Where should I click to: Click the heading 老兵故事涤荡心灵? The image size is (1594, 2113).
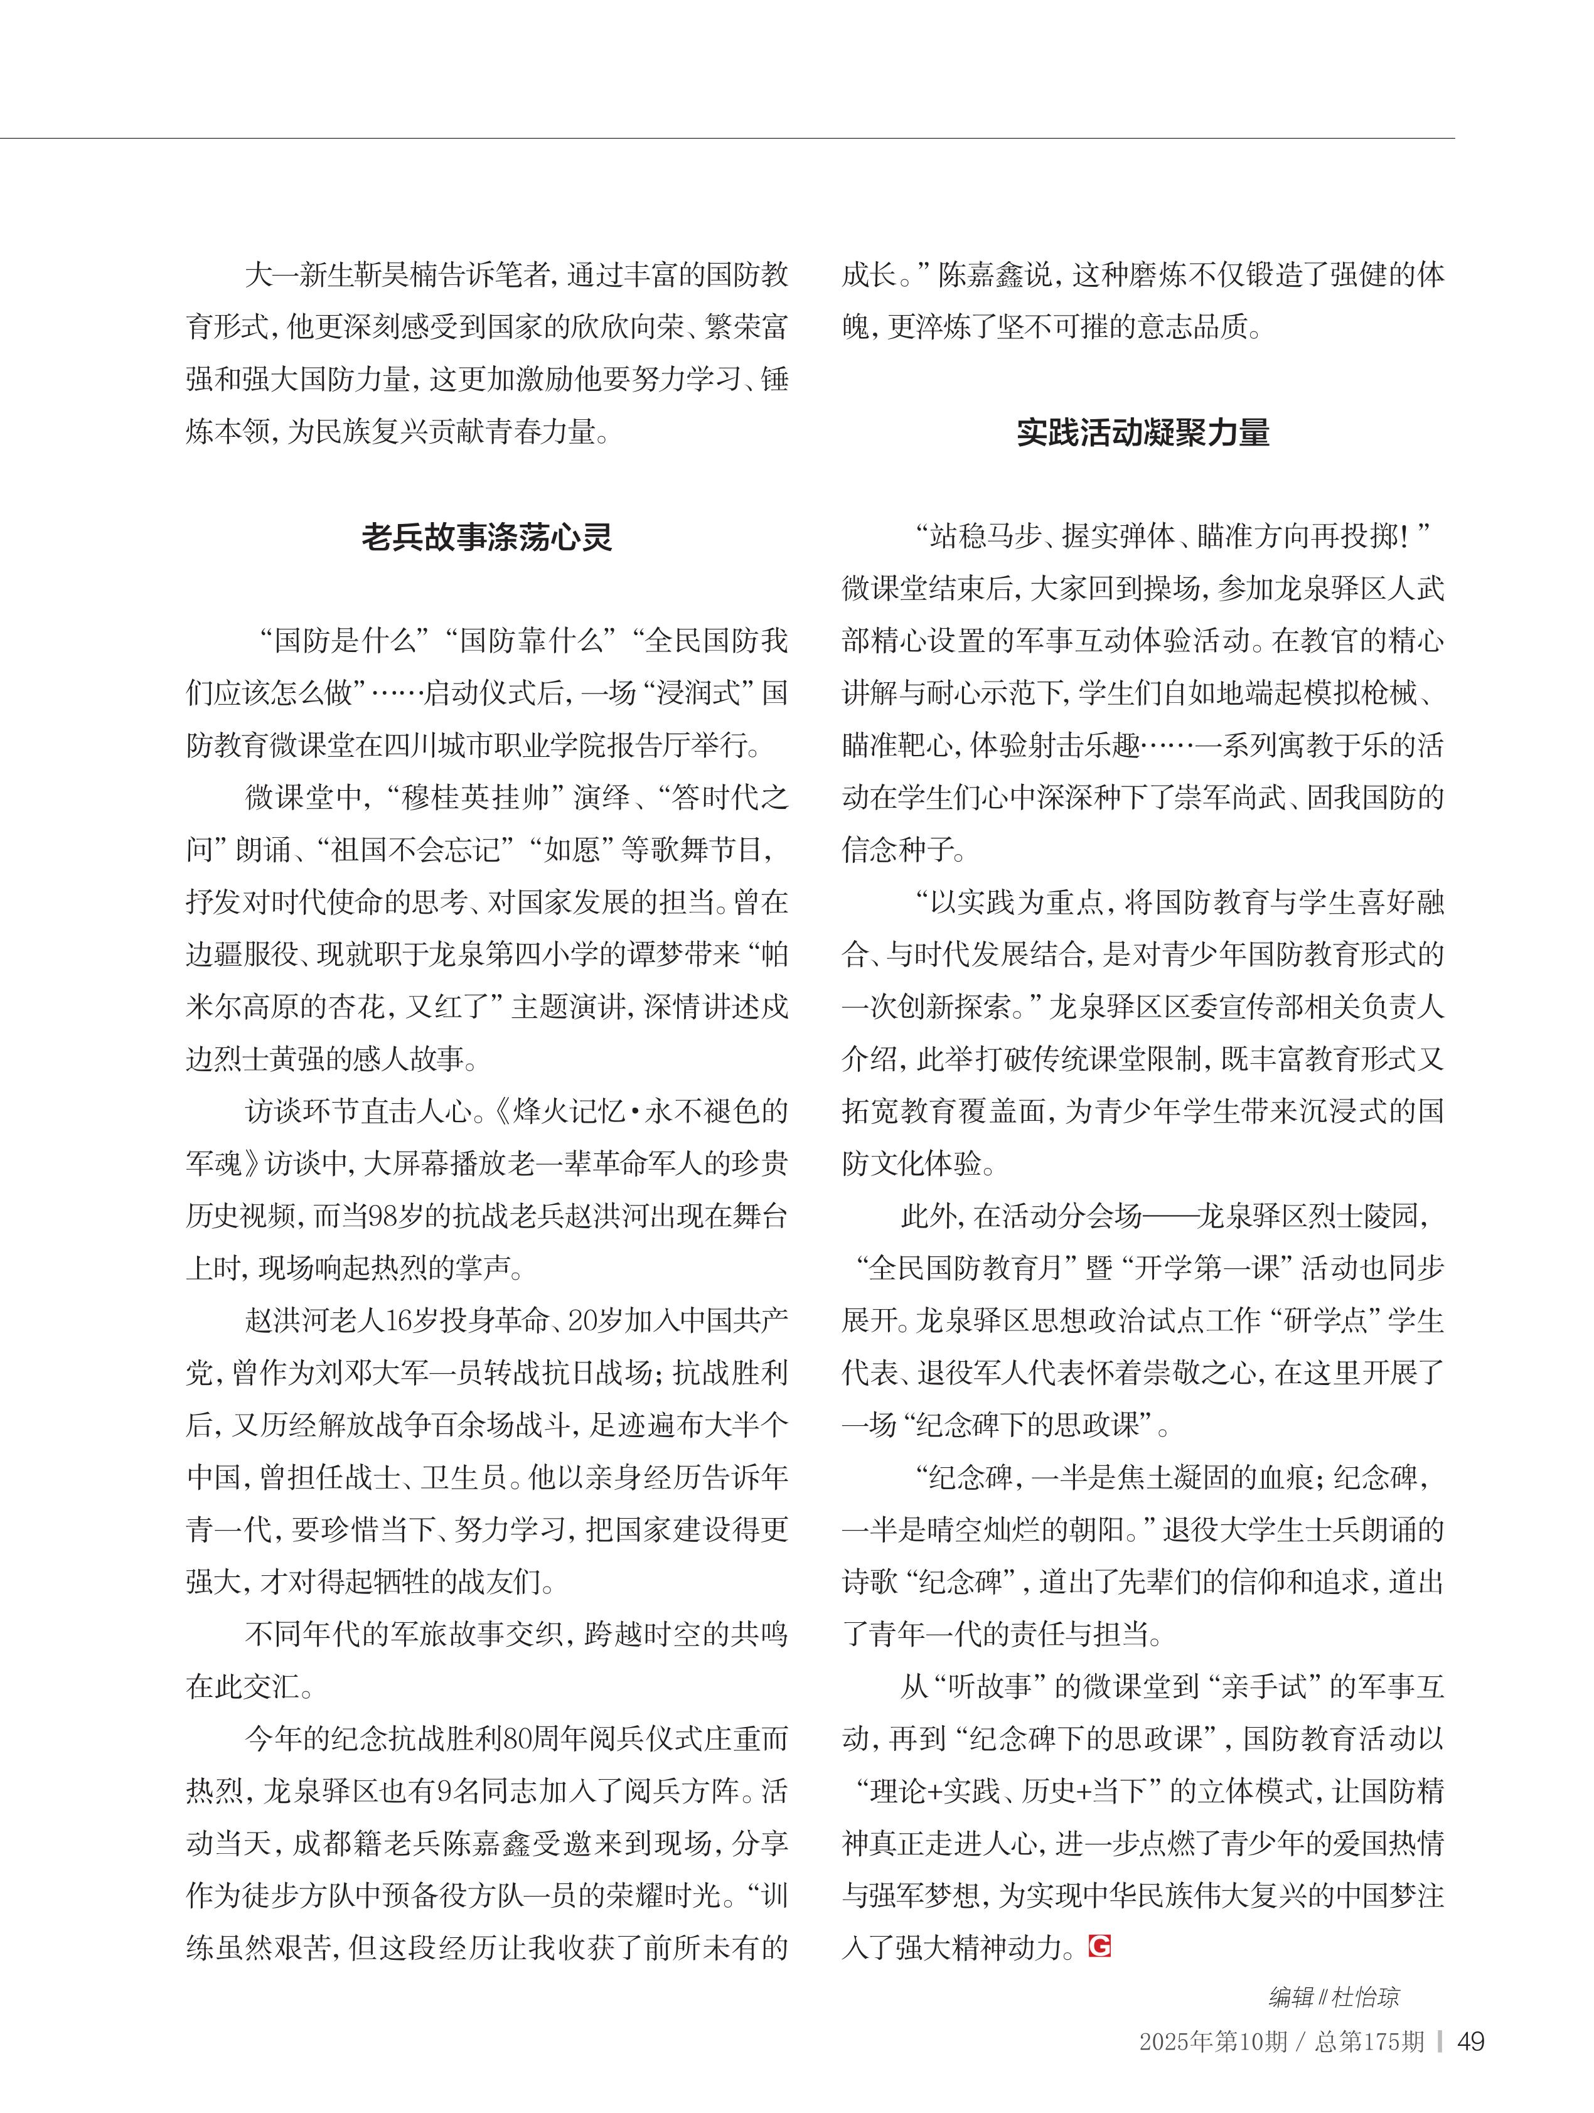486,538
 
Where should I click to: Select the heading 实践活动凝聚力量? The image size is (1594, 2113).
1142,433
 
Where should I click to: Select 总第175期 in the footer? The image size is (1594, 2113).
1369,2041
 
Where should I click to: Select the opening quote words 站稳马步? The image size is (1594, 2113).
984,537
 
